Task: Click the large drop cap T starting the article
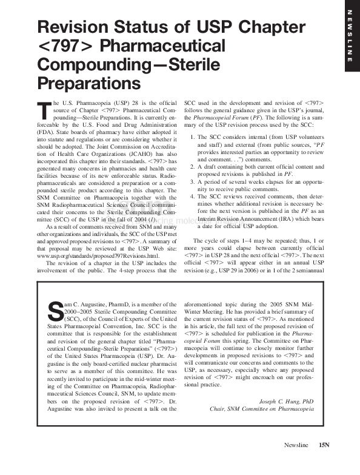pyautogui.click(x=42, y=110)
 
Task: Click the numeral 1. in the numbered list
pyautogui.click(x=193, y=137)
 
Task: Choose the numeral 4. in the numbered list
pyautogui.click(x=193, y=195)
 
